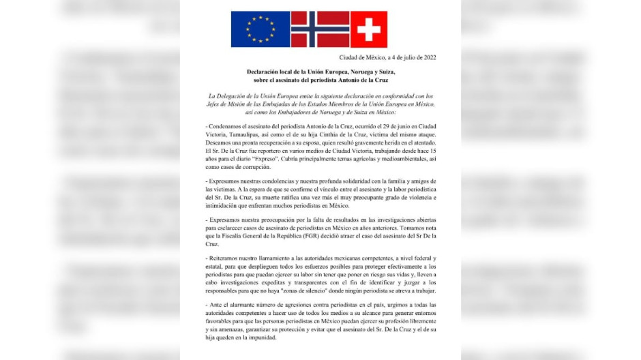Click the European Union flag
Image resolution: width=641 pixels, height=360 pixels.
pos(260,29)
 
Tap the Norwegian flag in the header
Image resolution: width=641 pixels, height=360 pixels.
pos(320,29)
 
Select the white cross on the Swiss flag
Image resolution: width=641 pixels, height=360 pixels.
pos(369,29)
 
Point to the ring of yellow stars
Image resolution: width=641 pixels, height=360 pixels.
pos(260,29)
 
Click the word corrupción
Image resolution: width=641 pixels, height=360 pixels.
pos(252,167)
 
